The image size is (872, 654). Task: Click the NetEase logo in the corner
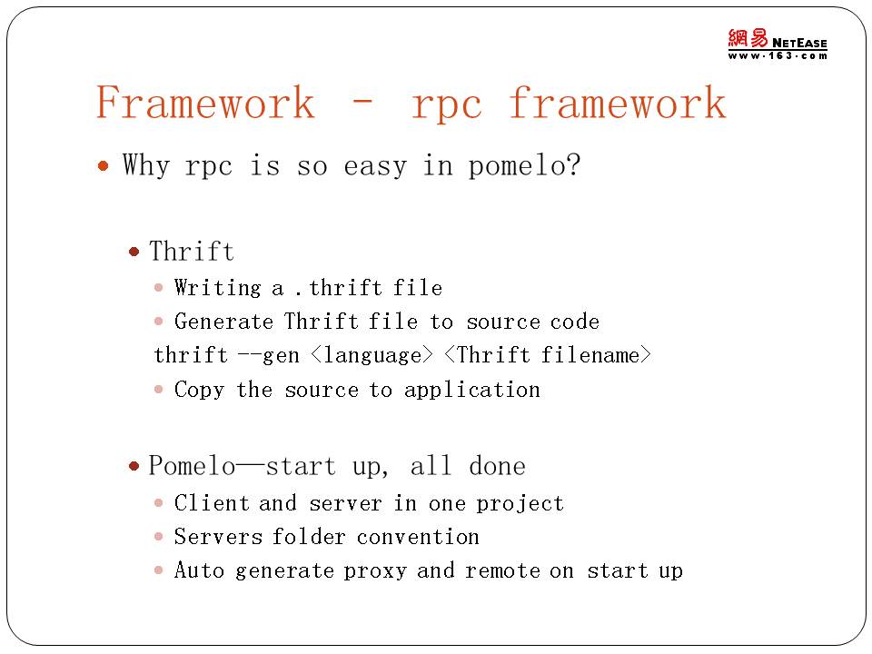778,44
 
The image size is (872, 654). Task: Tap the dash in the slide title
362,102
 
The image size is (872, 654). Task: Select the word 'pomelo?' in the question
524,165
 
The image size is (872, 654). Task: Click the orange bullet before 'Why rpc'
103,165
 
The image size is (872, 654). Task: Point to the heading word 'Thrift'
192,251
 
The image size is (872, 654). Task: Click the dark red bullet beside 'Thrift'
134,252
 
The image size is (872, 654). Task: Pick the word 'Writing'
217,288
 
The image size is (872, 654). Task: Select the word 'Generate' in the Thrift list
223,322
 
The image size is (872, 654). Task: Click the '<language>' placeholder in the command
372,355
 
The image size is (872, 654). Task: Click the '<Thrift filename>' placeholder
548,355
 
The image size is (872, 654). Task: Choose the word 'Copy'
199,390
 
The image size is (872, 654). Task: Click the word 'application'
472,390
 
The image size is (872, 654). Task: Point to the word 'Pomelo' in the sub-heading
192,465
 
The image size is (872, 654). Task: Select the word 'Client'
212,502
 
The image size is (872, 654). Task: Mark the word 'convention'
418,537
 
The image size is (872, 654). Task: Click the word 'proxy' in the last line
375,571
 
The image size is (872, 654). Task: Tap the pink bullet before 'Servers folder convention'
158,537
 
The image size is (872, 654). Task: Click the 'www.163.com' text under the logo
778,55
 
